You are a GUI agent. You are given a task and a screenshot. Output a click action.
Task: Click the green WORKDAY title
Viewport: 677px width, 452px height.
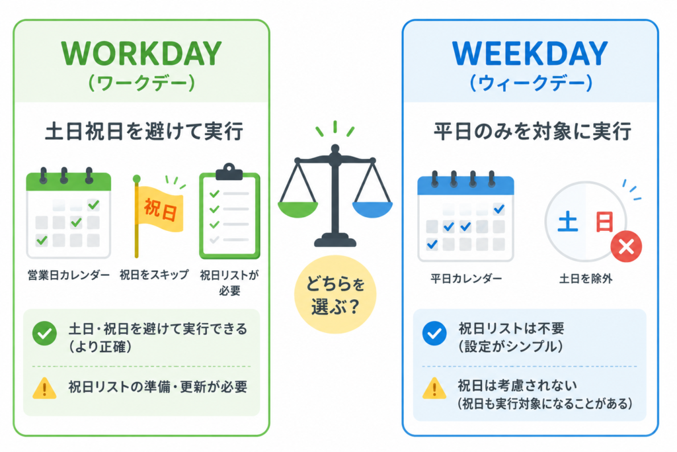(x=141, y=54)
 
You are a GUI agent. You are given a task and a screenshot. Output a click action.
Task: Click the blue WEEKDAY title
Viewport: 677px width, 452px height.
(x=530, y=54)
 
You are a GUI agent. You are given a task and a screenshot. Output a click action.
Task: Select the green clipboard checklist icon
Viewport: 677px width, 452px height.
(x=229, y=211)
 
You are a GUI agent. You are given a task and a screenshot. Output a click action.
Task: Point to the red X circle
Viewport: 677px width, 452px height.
(x=626, y=247)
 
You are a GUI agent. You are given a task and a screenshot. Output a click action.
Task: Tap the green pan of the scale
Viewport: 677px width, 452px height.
(x=298, y=209)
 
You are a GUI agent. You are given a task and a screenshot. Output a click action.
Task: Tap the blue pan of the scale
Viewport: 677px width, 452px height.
(x=373, y=209)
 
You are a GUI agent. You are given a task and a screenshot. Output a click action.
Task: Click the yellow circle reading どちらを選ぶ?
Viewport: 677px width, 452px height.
(x=335, y=294)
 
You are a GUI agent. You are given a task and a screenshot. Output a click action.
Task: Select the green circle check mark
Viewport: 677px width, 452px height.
(x=44, y=333)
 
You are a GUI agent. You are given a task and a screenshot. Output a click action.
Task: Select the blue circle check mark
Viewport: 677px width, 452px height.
(x=434, y=333)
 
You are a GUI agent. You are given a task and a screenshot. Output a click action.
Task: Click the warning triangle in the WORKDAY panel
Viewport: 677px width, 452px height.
(x=44, y=388)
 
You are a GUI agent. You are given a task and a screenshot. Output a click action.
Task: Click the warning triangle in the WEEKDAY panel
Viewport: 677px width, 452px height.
(x=434, y=388)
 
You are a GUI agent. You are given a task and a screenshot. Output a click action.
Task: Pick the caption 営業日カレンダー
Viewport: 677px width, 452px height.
(x=69, y=275)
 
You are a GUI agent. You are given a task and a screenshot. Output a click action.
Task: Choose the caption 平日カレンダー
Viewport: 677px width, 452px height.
(x=466, y=279)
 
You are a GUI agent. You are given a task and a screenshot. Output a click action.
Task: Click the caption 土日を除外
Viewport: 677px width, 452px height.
(x=586, y=279)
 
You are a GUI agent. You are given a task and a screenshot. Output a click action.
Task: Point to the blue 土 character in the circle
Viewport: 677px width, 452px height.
(x=568, y=222)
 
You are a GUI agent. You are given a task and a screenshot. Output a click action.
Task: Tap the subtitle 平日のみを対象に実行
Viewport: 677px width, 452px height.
(x=532, y=132)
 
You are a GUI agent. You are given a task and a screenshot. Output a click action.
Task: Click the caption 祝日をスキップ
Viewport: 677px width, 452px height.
(x=154, y=275)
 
